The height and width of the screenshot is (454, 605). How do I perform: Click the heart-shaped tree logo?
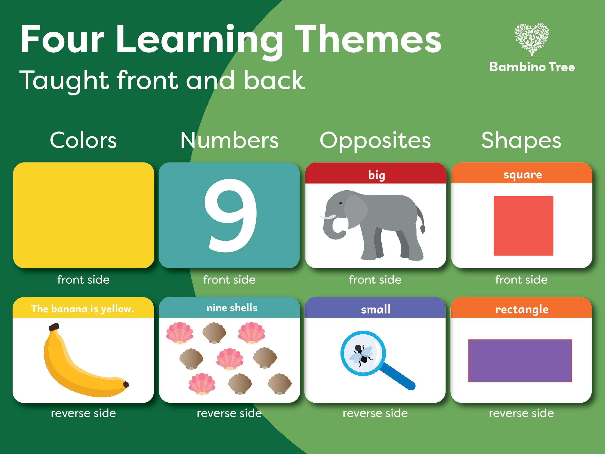531,40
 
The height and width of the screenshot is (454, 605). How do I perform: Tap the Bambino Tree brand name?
532,67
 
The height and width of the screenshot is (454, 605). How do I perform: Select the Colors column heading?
83,140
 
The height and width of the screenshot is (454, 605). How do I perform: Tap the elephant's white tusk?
328,217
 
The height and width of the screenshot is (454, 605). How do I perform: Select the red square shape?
523,226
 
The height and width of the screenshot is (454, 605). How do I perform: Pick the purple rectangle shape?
520,361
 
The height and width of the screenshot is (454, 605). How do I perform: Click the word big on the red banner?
376,175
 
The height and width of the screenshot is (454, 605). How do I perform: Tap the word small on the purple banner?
376,309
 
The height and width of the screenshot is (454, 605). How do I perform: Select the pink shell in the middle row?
229,359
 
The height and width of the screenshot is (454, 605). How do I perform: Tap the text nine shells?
232,308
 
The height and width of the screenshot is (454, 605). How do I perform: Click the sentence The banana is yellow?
83,309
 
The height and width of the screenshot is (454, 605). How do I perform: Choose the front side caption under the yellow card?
83,280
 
